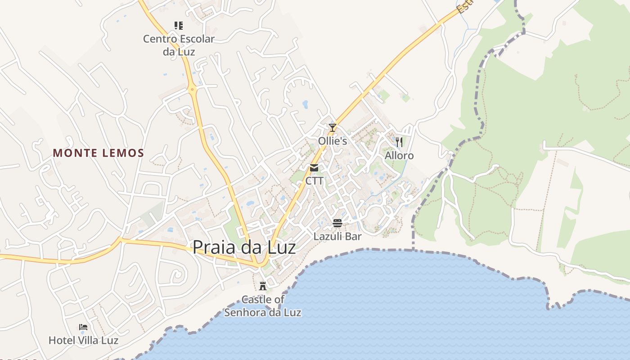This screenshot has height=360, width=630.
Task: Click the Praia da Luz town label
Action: [244, 247]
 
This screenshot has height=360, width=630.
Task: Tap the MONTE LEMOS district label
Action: [99, 153]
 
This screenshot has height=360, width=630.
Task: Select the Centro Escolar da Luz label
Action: [179, 45]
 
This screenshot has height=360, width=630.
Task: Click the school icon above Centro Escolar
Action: [179, 26]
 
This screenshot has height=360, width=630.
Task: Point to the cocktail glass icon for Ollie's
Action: [333, 128]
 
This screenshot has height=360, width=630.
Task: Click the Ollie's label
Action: [333, 141]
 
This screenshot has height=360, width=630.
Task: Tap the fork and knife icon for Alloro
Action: [399, 142]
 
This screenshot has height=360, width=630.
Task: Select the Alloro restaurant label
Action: [399, 156]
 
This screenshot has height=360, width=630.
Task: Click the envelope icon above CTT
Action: [314, 168]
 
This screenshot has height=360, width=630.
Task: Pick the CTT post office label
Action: [314, 181]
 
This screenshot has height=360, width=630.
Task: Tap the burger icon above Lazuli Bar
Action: [337, 223]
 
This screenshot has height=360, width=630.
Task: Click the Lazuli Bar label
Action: [337, 236]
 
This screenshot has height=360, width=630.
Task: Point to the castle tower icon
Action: [263, 286]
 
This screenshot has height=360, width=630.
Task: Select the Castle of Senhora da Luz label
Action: [263, 306]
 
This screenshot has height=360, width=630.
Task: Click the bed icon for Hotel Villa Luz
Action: [83, 327]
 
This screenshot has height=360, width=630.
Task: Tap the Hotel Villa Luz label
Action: [83, 340]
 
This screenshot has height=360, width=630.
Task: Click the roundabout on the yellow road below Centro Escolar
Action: [193, 90]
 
